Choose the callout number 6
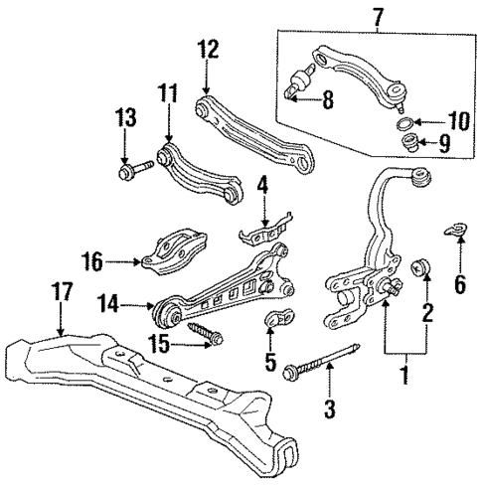point(459,284)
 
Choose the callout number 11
point(166,95)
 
